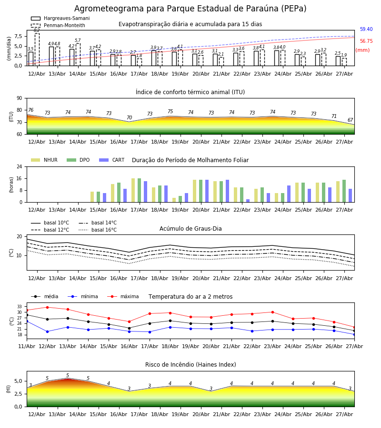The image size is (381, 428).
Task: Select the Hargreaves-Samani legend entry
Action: (60, 18)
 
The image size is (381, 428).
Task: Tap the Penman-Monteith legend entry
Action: (58, 25)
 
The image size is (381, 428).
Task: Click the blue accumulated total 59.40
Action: (366, 29)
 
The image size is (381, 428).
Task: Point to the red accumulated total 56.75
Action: (366, 41)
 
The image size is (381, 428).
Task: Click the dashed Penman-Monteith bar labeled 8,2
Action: (37, 49)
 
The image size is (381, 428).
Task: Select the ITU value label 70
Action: (129, 117)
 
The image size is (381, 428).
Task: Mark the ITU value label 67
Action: (350, 120)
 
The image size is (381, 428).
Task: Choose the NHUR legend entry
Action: (44, 160)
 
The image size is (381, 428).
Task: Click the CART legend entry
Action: (112, 160)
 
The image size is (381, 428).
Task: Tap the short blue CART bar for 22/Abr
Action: (248, 201)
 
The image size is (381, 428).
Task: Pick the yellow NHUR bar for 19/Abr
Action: (174, 200)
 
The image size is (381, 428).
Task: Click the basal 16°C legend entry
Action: (98, 230)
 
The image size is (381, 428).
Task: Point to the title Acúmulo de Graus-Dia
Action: (190, 229)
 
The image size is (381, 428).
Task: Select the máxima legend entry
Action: (123, 296)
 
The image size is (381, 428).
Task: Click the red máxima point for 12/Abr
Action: (47, 307)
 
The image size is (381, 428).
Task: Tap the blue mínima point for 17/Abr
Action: (150, 332)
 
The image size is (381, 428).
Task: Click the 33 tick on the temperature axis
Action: (20, 307)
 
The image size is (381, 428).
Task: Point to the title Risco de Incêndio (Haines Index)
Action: (190, 365)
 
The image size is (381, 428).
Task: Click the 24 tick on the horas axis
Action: (20, 166)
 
